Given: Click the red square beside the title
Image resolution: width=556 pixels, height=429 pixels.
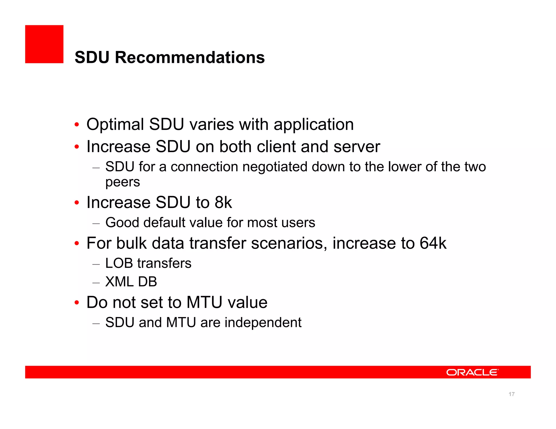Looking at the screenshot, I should click(44, 44).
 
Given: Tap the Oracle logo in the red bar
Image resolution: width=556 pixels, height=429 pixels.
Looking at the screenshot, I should click(472, 372).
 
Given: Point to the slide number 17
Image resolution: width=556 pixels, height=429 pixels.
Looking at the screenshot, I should click(511, 394).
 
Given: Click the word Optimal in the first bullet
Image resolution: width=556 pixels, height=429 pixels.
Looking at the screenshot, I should click(115, 124).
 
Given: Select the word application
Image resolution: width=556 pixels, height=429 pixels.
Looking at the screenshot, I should click(314, 125).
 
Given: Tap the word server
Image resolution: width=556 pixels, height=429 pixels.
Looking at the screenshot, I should click(357, 147).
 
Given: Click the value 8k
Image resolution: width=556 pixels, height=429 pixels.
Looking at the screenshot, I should click(223, 203).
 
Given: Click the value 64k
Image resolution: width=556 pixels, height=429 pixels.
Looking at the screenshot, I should click(433, 243).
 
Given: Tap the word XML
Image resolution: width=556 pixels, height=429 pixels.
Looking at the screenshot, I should click(119, 282).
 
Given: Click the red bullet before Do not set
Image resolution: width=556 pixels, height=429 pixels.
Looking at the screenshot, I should click(77, 303).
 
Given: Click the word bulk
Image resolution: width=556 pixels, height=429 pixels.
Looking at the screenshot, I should click(131, 243).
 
